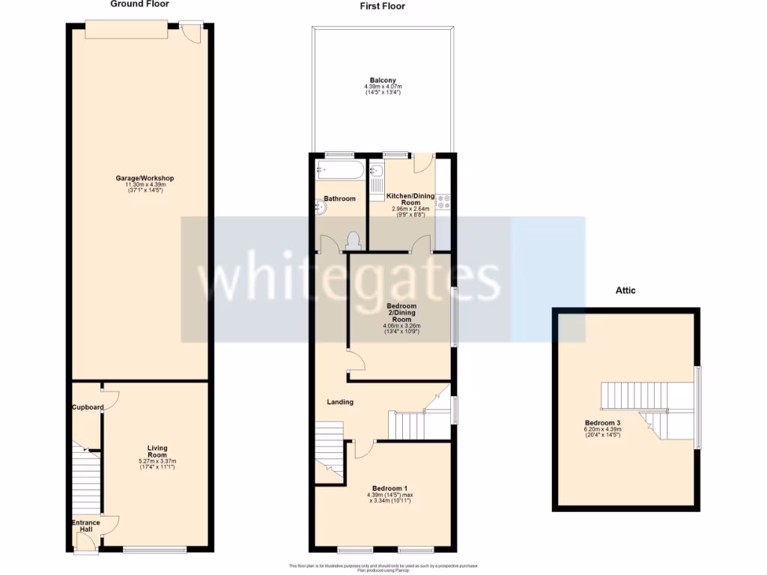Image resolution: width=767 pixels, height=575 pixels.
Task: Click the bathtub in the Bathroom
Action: tap(340, 170)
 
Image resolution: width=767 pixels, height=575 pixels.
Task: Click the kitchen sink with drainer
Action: tap(377, 178)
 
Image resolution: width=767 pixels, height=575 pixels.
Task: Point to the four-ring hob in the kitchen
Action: tap(443, 201)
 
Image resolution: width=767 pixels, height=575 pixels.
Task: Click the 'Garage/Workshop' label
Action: tap(145, 178)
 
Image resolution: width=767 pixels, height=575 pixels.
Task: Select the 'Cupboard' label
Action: tap(88, 407)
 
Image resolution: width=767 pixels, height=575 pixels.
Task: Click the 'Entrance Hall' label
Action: tap(85, 526)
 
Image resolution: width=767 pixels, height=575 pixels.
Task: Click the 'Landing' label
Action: tap(340, 402)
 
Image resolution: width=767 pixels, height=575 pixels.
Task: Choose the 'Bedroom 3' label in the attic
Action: tap(602, 423)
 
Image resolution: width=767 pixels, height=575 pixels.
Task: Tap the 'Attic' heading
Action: tap(625, 290)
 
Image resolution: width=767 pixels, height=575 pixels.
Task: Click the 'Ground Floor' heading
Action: tap(139, 4)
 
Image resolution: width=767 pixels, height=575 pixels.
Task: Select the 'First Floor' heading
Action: tap(382, 6)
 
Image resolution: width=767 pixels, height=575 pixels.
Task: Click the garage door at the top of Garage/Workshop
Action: tap(126, 28)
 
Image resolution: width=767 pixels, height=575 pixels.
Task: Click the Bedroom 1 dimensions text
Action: tap(388, 497)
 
